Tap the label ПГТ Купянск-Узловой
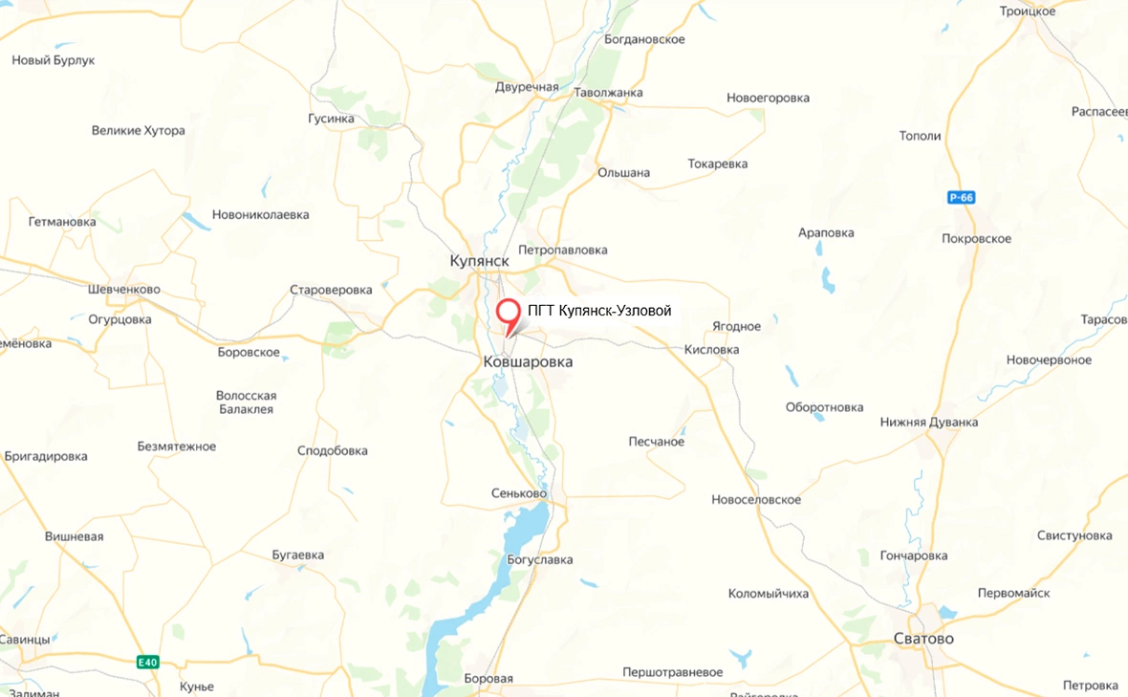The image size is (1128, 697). [599, 311]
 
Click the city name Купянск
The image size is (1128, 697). [479, 261]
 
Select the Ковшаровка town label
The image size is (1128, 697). [528, 362]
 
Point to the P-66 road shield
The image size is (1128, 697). [961, 198]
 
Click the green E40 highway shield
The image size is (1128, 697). [146, 662]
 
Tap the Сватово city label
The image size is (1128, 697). [922, 639]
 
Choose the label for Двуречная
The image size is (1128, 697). [527, 87]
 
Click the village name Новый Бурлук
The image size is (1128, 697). [54, 60]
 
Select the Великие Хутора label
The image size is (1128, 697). [139, 131]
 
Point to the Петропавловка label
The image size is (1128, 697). [564, 250]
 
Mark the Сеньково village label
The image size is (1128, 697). [519, 493]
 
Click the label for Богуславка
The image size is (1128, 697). [539, 559]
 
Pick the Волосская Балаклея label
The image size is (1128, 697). [246, 403]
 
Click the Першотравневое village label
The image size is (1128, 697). [672, 672]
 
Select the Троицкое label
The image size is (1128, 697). [1027, 11]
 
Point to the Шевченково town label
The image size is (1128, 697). [123, 290]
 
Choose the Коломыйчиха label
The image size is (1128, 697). [768, 594]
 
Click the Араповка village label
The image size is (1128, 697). [826, 232]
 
